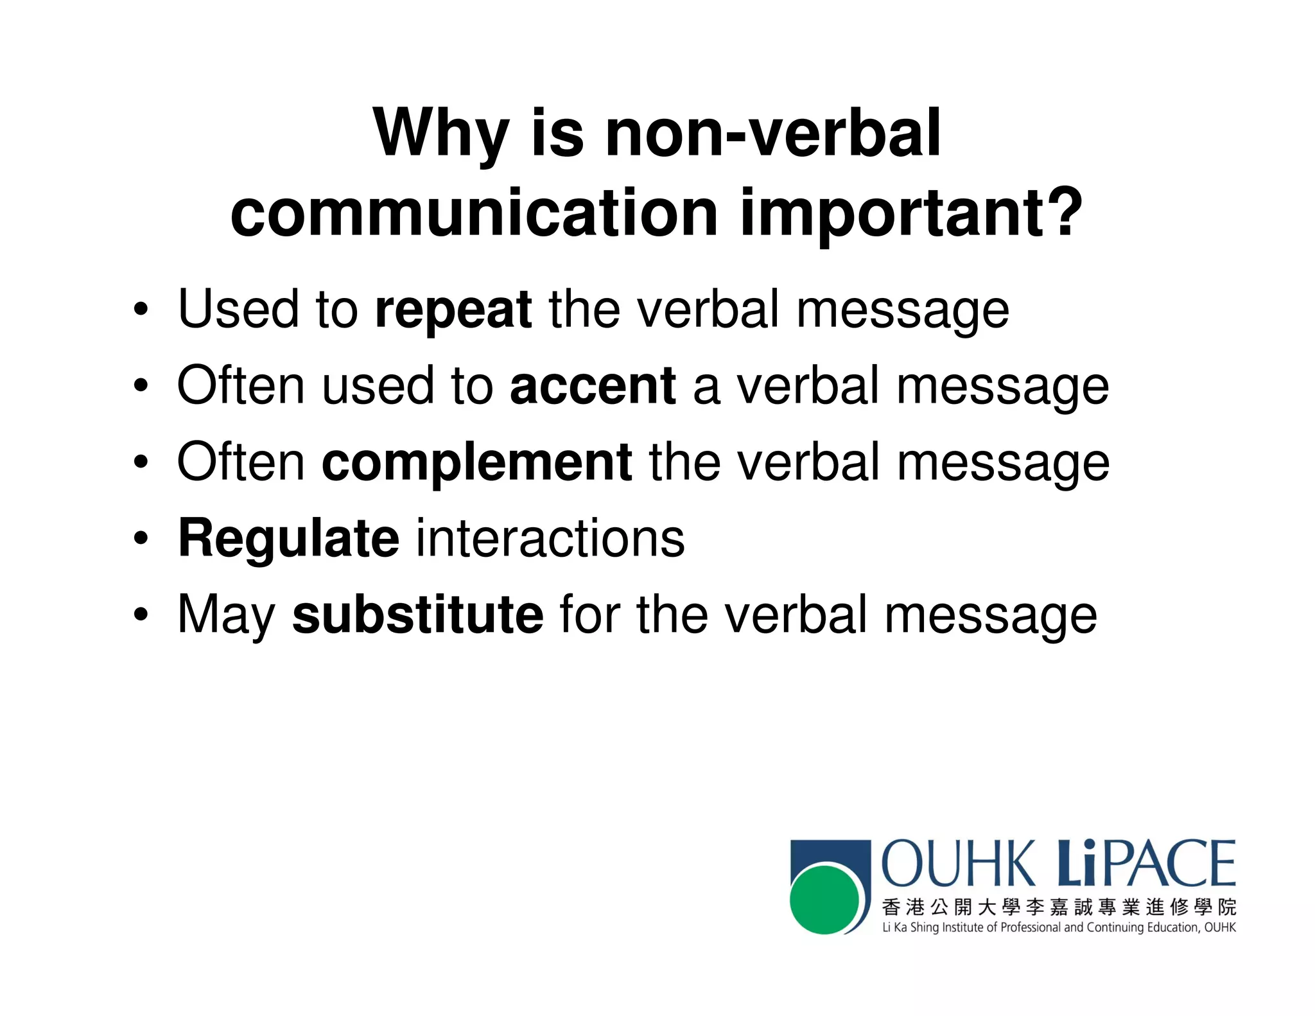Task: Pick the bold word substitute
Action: (417, 615)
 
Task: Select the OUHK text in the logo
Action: (958, 864)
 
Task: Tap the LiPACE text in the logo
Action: (1146, 864)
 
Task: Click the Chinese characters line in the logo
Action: (1058, 907)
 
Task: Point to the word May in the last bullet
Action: (226, 615)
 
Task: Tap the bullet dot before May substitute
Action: (141, 615)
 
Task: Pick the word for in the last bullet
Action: (589, 615)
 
